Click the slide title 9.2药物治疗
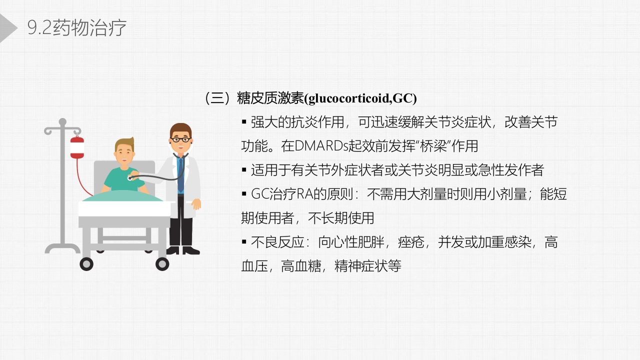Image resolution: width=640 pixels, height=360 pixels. point(77,28)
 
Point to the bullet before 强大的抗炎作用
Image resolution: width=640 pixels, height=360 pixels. point(244,121)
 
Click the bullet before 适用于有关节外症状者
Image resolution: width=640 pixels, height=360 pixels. point(244,169)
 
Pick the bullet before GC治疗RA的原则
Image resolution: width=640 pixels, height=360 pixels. point(244,193)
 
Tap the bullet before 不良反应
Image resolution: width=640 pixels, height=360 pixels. point(244,242)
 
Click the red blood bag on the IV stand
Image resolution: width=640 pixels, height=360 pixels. point(77,147)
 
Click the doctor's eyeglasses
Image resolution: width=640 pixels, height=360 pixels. point(180,139)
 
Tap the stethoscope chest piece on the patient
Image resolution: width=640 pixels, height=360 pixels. point(131,177)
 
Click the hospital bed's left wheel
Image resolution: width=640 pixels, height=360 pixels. point(86,263)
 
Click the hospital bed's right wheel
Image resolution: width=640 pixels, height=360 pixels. point(162,263)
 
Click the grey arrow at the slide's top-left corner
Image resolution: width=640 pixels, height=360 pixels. point(7,28)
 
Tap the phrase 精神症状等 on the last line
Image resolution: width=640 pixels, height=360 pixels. point(368,266)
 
